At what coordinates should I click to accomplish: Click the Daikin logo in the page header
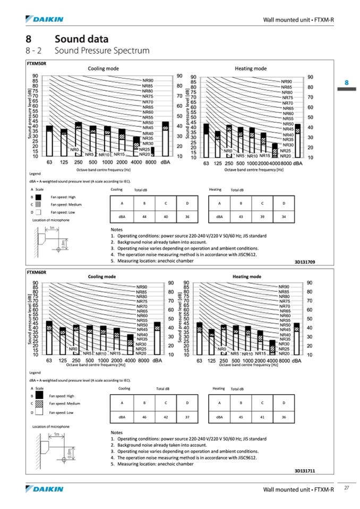pos(45,20)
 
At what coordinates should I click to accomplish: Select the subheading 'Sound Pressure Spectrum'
pos(101,51)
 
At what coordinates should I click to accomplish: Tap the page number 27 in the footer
pos(346,488)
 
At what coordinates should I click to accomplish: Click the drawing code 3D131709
pos(305,262)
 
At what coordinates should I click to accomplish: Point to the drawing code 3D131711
pos(305,470)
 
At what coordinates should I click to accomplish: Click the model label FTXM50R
pos(37,63)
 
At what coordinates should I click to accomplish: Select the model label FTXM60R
pos(37,272)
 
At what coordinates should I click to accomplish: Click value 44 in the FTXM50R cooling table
pos(144,217)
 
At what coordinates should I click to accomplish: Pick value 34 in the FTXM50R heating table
pos(284,217)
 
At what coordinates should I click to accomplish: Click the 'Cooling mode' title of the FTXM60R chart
pos(102,277)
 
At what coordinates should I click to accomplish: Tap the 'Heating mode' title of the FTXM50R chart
pos(251,68)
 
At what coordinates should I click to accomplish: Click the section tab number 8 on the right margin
pos(346,83)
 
